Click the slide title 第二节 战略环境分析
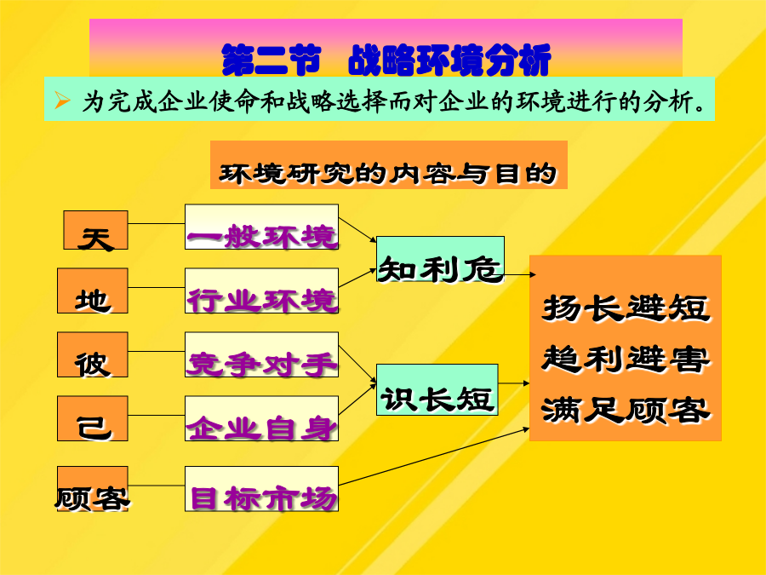386,60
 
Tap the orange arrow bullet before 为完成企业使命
62,101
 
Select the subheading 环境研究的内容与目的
388,174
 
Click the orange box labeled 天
95,230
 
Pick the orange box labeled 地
92,290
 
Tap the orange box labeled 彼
92,354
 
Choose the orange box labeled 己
92,418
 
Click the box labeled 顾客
92,488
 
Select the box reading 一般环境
261,227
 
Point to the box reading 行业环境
261,290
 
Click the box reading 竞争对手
261,354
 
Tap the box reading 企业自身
261,418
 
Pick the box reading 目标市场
261,488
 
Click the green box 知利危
440,259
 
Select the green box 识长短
437,389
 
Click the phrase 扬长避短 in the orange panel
626,308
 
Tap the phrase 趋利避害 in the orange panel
626,359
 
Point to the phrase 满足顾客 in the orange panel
626,410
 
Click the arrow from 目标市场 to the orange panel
434,457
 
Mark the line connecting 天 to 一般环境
157,223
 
